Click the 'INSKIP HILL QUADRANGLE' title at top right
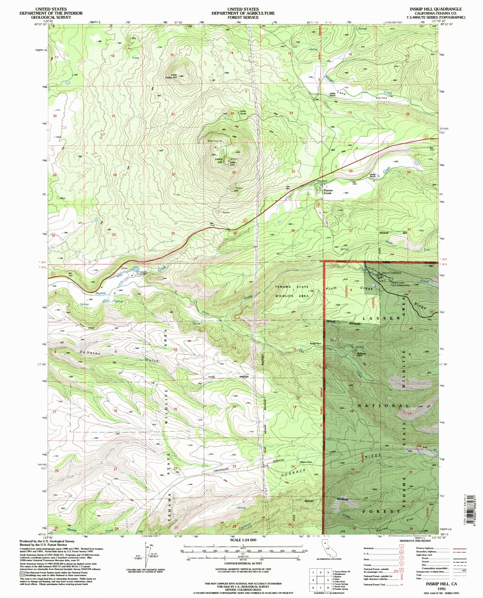pos(435,9)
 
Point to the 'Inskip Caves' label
pos(243,112)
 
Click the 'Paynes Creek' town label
pos(328,192)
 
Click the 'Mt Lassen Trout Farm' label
pos(142,273)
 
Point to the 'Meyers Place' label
pos(306,462)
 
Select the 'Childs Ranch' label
pos(332,95)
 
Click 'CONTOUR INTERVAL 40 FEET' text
pos(243,564)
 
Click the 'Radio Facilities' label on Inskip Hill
pos(215,141)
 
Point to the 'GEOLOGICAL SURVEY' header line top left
pos(51,17)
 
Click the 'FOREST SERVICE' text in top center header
pos(243,17)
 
